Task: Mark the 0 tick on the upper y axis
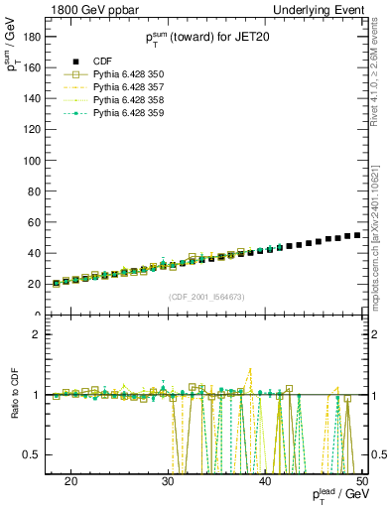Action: (40, 315)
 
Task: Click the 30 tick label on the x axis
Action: (168, 481)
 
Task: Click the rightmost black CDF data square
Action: (357, 235)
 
